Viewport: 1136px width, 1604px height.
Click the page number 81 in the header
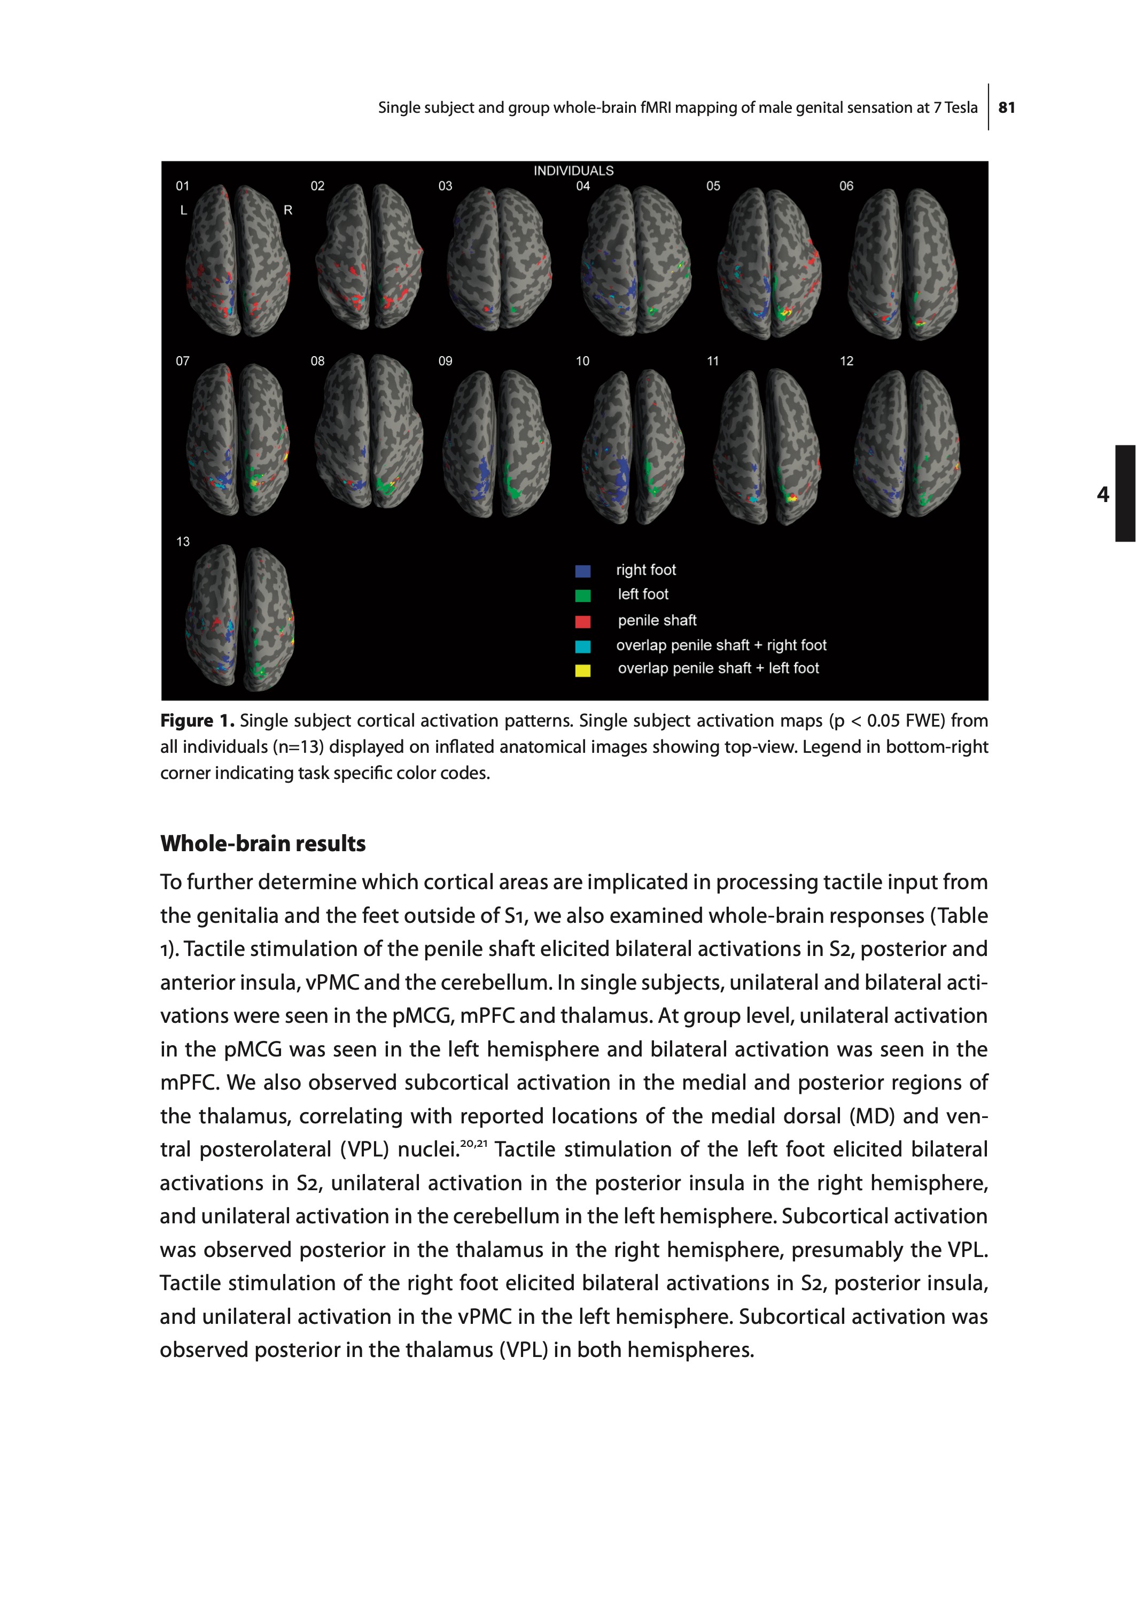coord(1007,108)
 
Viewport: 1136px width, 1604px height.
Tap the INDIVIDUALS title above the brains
coord(573,171)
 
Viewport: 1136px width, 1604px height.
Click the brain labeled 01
coord(238,260)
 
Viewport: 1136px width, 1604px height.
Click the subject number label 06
coord(846,186)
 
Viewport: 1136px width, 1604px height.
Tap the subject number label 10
coord(582,361)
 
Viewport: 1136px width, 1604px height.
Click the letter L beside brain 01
coord(184,210)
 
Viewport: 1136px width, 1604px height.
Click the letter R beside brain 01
coord(287,210)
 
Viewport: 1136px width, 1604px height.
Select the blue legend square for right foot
coord(582,571)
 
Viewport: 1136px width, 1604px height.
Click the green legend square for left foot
coord(582,596)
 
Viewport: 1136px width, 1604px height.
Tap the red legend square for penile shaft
coord(582,621)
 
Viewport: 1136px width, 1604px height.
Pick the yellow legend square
coord(582,670)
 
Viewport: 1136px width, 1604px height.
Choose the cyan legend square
coord(582,646)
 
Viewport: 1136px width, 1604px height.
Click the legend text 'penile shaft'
coord(657,621)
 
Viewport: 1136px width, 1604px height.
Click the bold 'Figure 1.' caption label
coord(197,721)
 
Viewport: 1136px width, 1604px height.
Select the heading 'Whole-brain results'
coord(263,843)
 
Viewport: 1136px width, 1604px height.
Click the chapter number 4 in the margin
coord(1103,494)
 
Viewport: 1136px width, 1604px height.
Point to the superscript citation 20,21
coord(473,1144)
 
